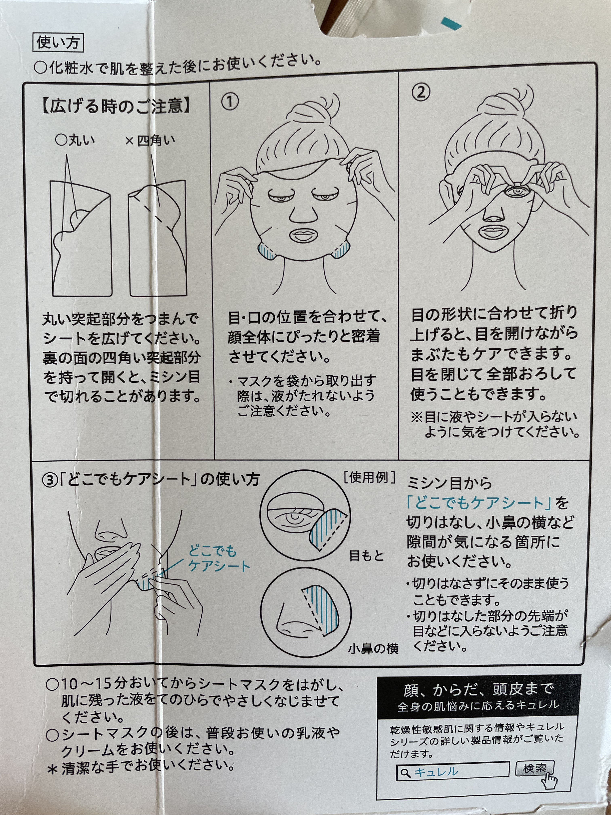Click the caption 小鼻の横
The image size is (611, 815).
373,648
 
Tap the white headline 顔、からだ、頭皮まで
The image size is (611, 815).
478,689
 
